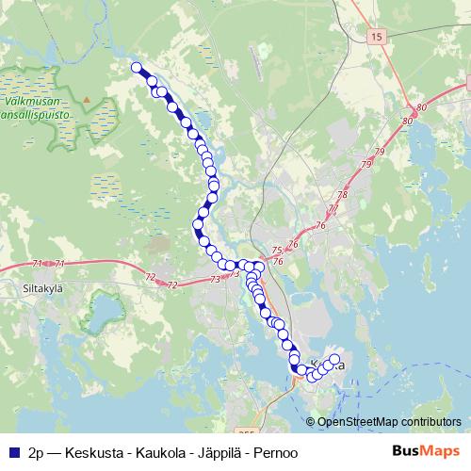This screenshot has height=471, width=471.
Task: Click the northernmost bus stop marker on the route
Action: pos(137,67)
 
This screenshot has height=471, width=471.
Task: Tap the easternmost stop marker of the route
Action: pos(333,359)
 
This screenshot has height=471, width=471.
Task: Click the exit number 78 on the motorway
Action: pos(343,194)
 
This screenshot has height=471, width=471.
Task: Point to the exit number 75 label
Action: pos(276,250)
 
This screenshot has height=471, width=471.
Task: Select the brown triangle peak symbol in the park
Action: pos(85,98)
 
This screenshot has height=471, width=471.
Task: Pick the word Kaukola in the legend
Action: pos(163,452)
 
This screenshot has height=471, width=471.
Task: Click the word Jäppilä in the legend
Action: pos(220,452)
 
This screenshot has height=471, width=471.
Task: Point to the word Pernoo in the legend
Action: pos(276,452)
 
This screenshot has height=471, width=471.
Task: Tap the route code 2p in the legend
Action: pos(36,452)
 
